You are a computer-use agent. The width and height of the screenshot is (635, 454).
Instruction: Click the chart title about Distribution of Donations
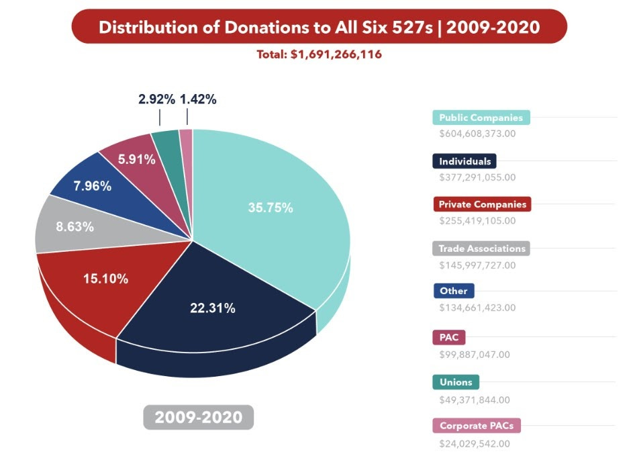320,27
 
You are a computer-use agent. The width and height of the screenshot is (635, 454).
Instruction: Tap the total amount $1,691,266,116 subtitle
320,54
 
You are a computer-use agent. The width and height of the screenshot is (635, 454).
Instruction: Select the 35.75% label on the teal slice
271,208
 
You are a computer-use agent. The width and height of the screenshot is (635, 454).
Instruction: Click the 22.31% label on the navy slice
213,308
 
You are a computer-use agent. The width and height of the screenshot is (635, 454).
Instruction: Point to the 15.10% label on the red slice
105,278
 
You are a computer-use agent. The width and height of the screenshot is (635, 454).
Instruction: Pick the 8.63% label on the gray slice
75,226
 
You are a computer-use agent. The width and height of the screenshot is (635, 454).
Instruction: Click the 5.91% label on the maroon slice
136,159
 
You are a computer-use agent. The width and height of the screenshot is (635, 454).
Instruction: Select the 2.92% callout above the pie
157,99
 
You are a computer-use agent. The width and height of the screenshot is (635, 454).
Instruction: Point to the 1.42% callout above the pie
198,99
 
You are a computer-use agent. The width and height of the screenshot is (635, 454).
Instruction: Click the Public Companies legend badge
481,118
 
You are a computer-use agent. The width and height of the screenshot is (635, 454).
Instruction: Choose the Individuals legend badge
465,161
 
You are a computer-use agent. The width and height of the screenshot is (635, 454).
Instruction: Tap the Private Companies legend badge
482,204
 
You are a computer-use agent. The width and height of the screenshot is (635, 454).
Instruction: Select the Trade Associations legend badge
481,248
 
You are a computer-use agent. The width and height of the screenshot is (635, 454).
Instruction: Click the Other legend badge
454,291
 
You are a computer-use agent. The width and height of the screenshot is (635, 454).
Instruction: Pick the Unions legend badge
456,382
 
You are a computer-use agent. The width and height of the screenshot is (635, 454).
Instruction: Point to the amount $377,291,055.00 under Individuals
477,177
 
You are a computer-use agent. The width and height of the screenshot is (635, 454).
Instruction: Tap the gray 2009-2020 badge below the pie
198,417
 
